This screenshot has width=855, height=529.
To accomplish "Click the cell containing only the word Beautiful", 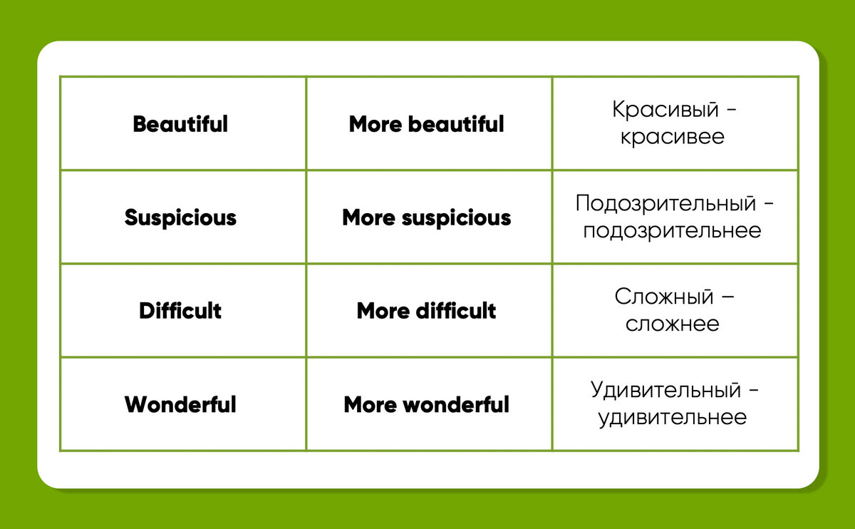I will (x=180, y=124).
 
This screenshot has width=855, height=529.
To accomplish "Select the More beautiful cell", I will (x=427, y=124).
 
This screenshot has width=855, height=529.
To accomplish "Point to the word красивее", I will (x=672, y=137).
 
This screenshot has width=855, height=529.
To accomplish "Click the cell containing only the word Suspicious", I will (x=180, y=217).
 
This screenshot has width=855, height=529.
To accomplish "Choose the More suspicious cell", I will (x=427, y=217).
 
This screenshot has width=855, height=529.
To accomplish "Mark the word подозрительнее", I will (x=672, y=231).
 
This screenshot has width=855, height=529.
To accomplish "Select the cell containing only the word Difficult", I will (x=180, y=311).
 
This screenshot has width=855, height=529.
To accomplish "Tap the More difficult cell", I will (x=427, y=311).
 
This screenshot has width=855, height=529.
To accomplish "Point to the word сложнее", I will (x=672, y=324).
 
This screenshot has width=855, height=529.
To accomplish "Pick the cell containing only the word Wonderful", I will (x=180, y=405).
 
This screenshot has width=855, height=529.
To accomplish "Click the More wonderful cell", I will (x=427, y=405).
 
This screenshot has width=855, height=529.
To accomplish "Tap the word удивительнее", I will (x=672, y=418).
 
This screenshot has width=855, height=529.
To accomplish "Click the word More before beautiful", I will (x=375, y=124).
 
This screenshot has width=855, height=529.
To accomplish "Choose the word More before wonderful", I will (x=370, y=405).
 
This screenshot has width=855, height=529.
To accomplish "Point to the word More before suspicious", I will (x=368, y=217).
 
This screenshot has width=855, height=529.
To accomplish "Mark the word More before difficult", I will (x=383, y=311).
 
